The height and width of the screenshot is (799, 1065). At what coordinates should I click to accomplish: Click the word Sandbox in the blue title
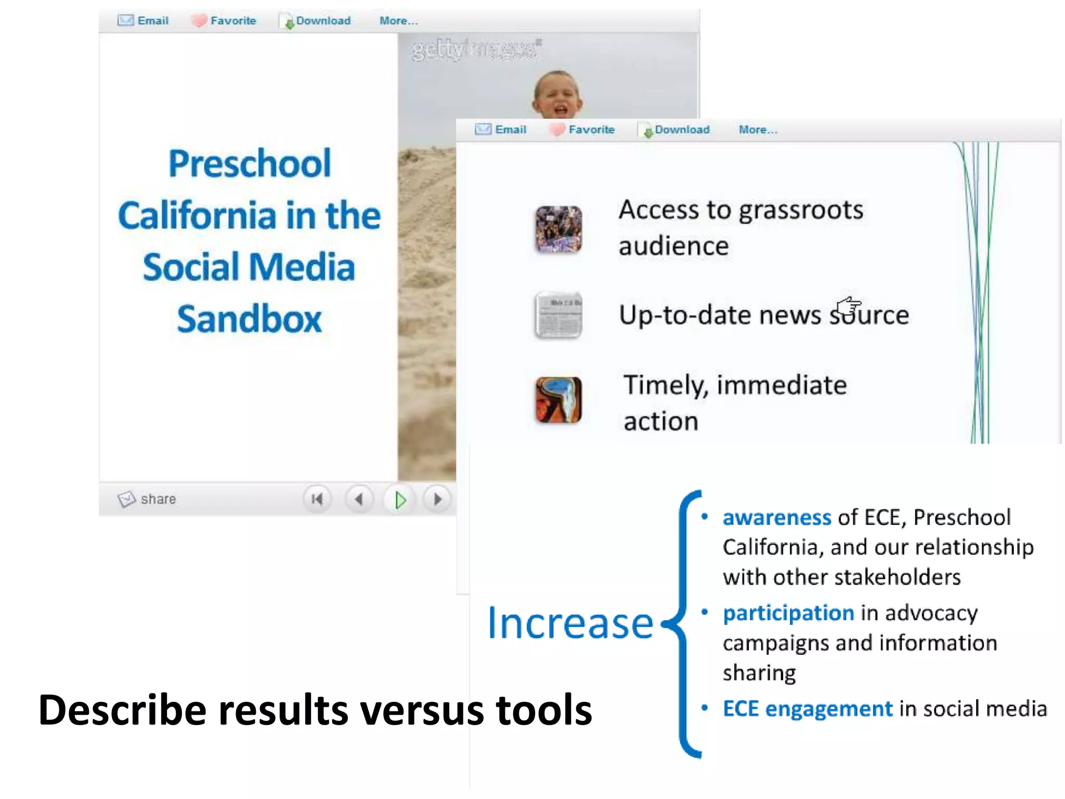point(249,318)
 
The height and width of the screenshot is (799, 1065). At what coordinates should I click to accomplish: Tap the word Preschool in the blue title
point(250,163)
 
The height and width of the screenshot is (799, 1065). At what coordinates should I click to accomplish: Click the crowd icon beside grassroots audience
point(559,229)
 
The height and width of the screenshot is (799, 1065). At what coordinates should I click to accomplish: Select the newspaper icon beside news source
point(559,315)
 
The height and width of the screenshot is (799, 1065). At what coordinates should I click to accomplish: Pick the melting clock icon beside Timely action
point(559,399)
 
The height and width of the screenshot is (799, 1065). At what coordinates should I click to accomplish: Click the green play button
point(400,500)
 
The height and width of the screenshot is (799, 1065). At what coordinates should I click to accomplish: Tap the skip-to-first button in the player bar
point(317,499)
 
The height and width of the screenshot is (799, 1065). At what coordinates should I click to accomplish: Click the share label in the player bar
point(158,499)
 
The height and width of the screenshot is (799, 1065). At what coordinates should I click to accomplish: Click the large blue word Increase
point(570,623)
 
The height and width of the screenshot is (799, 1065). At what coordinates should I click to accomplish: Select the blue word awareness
point(777,518)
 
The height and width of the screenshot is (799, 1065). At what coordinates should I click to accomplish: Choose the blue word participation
point(788,613)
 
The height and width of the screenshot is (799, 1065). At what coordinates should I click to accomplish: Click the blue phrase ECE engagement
point(808,708)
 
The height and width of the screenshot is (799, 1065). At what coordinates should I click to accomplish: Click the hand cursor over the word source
point(849,307)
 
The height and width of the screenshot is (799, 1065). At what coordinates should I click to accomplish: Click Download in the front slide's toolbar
point(682,130)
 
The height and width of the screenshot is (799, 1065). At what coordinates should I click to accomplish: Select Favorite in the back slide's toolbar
point(233,21)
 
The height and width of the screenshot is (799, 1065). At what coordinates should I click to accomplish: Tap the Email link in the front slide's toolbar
point(510,130)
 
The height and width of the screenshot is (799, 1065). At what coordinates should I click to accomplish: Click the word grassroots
point(801,211)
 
